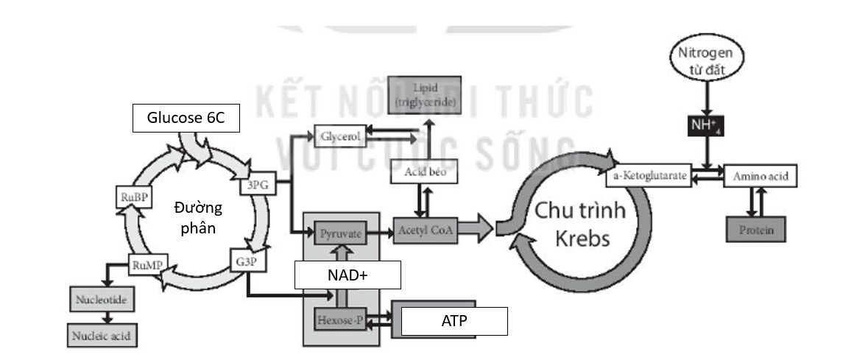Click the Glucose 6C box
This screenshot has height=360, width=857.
point(186,119)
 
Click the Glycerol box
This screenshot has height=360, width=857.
point(339,136)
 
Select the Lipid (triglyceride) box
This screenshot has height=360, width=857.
point(425,94)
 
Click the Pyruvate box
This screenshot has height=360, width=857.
point(341,233)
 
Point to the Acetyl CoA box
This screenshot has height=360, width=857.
point(426,230)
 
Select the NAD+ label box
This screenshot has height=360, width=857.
point(348,275)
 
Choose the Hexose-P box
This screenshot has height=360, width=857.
point(341,320)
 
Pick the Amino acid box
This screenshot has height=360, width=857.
point(761,177)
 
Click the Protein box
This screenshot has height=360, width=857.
point(756,229)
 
